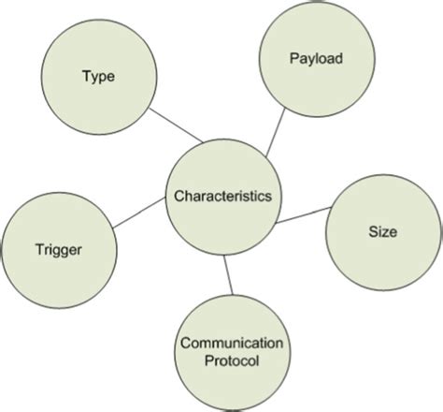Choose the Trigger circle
[x=61, y=248]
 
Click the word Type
[x=99, y=77]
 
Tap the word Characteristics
[x=222, y=197]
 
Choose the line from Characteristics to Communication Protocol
[x=227, y=274]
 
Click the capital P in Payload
[x=294, y=59]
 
